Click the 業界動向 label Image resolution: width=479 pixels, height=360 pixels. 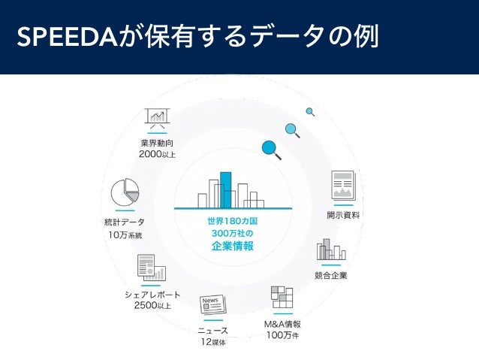(x=157, y=143)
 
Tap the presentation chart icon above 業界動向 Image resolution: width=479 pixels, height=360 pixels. (x=158, y=117)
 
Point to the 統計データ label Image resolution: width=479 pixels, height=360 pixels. (x=125, y=222)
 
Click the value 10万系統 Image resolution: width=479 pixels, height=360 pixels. (x=125, y=235)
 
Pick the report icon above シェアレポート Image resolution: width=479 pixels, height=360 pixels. (x=150, y=267)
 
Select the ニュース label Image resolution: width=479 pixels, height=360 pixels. (x=212, y=331)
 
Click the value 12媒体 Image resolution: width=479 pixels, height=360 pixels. (x=212, y=343)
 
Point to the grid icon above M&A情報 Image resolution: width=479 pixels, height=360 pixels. (x=282, y=297)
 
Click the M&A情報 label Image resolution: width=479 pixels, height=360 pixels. (x=282, y=323)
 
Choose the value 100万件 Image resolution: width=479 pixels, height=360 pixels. (x=282, y=335)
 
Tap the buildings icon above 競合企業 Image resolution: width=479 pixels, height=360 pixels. (x=331, y=250)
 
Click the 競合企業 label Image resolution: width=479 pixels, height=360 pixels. (x=331, y=276)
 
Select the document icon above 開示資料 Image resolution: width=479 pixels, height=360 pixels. (x=343, y=185)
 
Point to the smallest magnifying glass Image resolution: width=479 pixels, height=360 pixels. (x=309, y=112)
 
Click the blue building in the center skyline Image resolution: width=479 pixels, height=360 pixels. (x=225, y=189)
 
